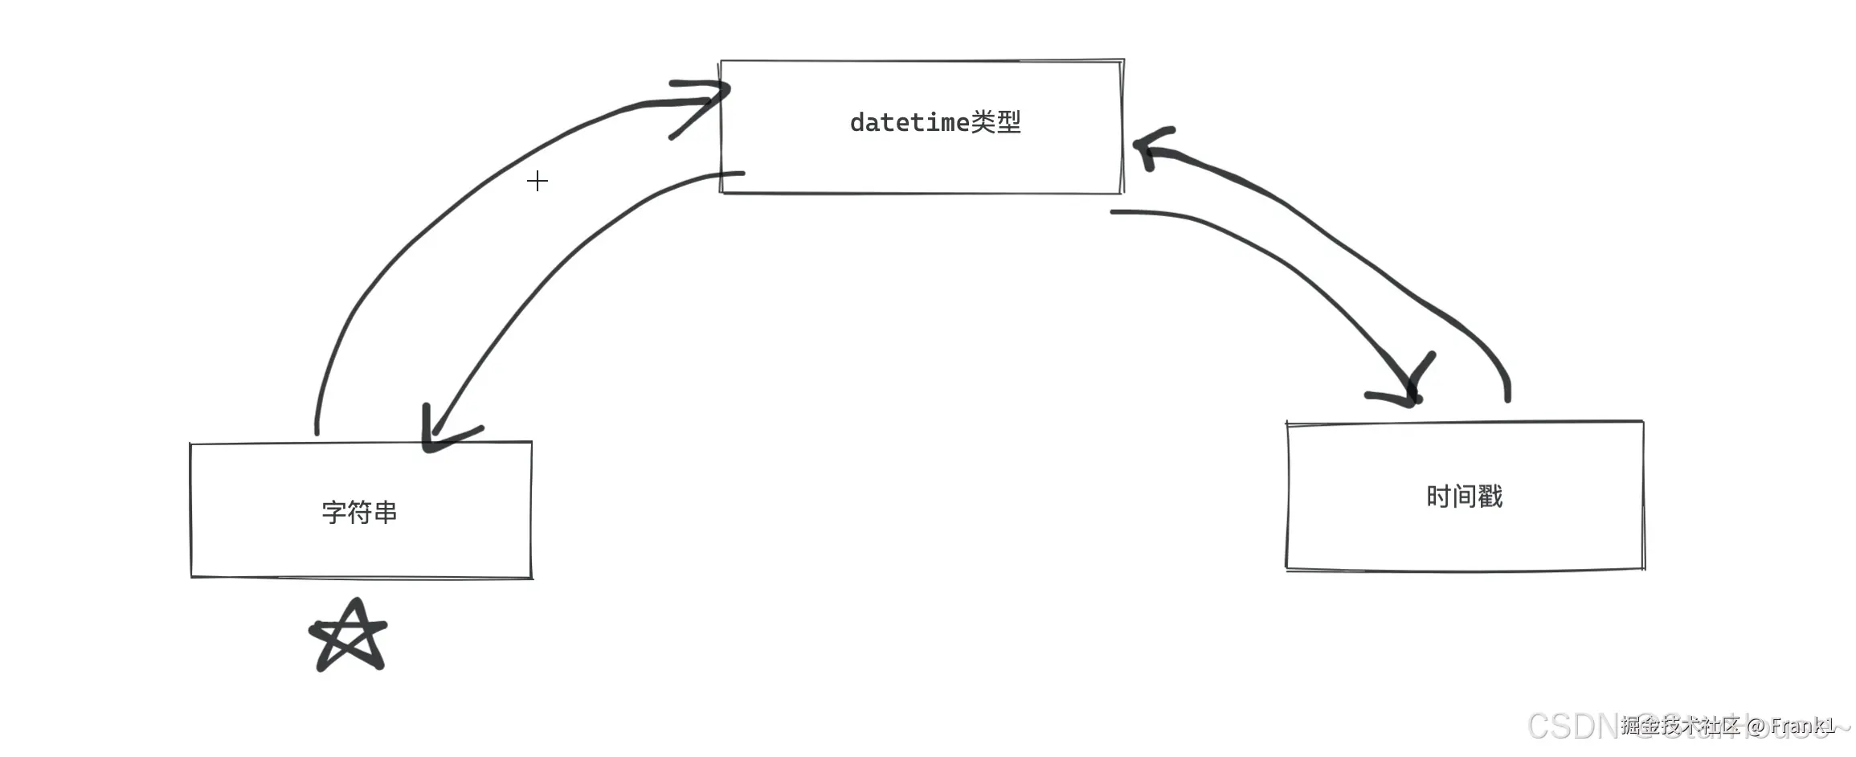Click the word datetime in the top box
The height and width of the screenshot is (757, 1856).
910,123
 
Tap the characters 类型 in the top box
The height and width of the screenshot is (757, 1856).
996,122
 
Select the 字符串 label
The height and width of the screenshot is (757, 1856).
359,512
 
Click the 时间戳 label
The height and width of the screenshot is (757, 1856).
1464,497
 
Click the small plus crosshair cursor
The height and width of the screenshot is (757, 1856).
538,181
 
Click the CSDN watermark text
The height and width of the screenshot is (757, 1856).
1571,726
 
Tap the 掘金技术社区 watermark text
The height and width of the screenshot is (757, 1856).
1679,726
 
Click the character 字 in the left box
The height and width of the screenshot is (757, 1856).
334,512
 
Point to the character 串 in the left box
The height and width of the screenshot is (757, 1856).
385,512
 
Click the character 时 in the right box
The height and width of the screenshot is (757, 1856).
1438,497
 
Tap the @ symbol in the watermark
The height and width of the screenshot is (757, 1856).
1756,726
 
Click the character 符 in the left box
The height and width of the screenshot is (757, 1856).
359,512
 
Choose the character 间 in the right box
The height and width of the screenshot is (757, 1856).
1464,497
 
